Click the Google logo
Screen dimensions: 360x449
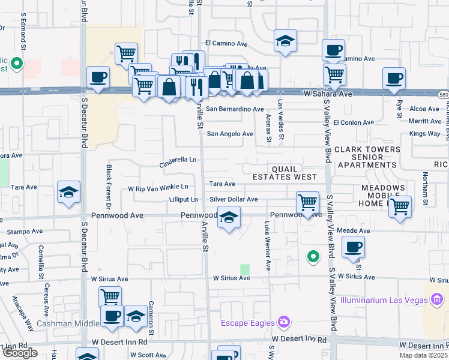[x=20, y=353]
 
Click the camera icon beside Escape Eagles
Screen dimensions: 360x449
[x=284, y=323]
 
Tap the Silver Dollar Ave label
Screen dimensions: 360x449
[x=234, y=199]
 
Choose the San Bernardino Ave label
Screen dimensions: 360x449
[x=235, y=109]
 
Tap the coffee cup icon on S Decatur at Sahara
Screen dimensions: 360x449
[x=98, y=77]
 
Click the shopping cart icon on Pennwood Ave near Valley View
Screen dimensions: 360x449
[x=307, y=202]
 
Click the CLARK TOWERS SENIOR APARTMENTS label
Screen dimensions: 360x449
[x=367, y=157]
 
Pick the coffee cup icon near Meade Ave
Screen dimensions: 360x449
[x=353, y=246]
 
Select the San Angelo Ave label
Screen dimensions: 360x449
[x=230, y=134]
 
